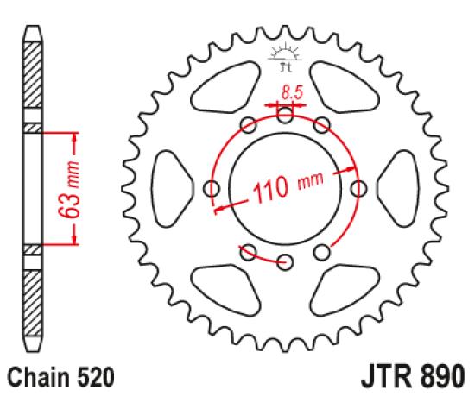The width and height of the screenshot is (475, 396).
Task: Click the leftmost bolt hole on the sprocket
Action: (210, 188)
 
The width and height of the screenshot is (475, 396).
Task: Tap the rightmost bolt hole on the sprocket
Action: (358, 188)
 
